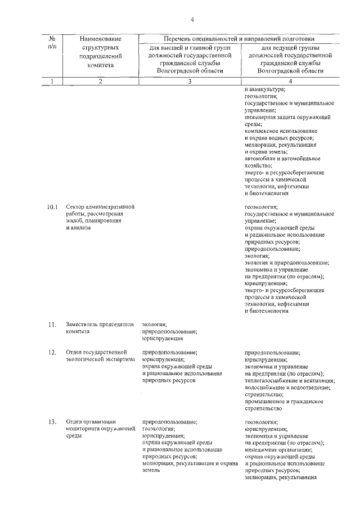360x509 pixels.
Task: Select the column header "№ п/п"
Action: pos(52,43)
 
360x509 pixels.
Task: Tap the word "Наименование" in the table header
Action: pos(101,39)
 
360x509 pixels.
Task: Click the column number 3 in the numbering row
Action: pos(190,82)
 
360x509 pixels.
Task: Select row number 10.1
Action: pos(52,208)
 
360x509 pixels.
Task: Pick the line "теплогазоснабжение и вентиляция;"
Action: pos(287,380)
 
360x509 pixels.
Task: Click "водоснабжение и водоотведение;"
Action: pos(287,388)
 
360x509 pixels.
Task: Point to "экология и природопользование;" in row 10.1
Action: pos(287,263)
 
